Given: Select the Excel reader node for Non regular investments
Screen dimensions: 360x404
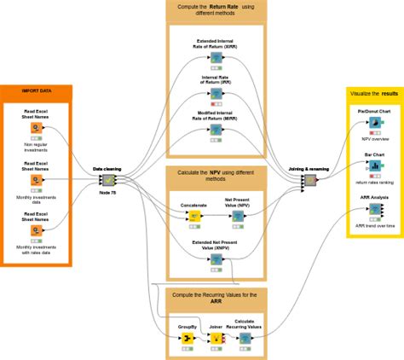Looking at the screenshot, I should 36,128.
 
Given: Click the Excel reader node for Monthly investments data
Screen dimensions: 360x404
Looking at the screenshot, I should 36,180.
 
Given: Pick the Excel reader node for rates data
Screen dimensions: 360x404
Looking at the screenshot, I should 36,231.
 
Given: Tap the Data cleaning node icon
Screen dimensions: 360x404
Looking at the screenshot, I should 109,181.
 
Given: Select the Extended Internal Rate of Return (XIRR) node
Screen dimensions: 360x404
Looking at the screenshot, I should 216,57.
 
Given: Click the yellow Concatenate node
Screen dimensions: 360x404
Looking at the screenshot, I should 193,217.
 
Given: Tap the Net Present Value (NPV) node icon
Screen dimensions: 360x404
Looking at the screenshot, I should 238,217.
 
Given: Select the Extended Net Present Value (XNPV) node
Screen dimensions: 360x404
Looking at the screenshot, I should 216,256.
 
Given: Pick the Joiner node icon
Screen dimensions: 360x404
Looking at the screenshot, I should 216,338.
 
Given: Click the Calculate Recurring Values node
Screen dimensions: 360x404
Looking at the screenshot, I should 245,338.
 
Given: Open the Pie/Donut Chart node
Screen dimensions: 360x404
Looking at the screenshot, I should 373,123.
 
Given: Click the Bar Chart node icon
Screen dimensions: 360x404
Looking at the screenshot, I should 373,166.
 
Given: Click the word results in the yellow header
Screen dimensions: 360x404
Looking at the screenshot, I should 390,92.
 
